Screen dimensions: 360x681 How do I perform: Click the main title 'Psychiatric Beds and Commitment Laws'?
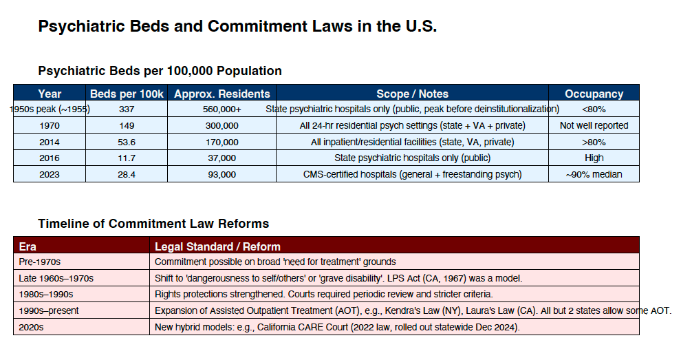click(237, 27)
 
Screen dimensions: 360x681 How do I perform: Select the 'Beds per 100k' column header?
click(127, 94)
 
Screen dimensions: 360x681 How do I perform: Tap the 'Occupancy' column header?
click(594, 94)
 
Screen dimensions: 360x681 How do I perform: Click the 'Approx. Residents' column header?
click(222, 94)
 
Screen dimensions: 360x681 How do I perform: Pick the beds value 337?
click(127, 109)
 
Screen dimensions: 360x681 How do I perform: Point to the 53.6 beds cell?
click(127, 142)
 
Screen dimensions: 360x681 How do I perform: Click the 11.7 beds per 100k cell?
click(127, 158)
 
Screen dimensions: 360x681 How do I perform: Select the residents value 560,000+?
click(222, 109)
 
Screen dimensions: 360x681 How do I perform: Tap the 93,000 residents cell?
click(222, 175)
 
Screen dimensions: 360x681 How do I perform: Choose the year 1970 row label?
click(50, 126)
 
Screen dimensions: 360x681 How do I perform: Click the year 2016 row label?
click(50, 158)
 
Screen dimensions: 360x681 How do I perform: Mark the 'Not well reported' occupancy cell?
click(594, 126)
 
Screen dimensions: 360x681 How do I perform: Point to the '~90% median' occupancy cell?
click(594, 175)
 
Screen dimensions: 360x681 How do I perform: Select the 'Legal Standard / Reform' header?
click(217, 246)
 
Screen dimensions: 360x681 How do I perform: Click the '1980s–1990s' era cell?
click(48, 295)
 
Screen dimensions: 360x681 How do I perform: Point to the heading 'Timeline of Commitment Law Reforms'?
click(153, 224)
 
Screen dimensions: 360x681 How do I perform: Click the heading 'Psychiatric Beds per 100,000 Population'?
click(160, 71)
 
